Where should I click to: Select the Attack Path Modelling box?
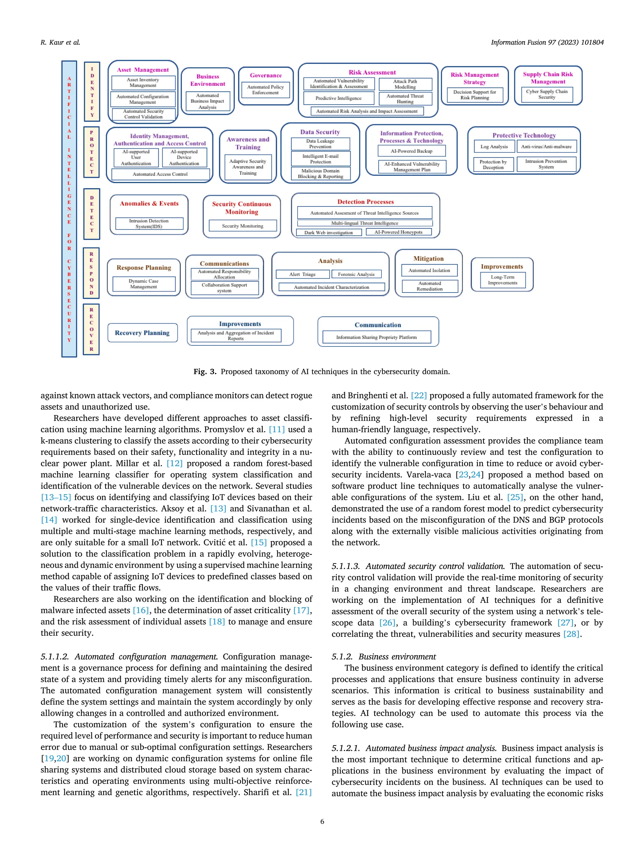(405, 84)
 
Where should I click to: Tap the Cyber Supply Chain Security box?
(547, 94)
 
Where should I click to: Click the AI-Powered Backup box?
(412, 151)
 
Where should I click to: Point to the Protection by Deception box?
(493, 164)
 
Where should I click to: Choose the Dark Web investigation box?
(328, 232)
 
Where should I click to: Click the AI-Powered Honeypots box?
(398, 232)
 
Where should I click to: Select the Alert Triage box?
(303, 274)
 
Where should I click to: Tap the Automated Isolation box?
(429, 271)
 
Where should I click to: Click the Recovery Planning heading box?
(142, 333)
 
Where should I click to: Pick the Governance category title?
(265, 75)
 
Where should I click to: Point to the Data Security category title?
(320, 132)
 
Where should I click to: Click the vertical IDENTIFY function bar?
(92, 91)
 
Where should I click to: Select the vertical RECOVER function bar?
(92, 329)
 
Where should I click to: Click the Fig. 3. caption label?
(205, 372)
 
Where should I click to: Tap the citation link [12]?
(174, 463)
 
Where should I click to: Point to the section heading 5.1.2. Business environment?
(384, 657)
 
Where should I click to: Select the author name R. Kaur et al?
(60, 42)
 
